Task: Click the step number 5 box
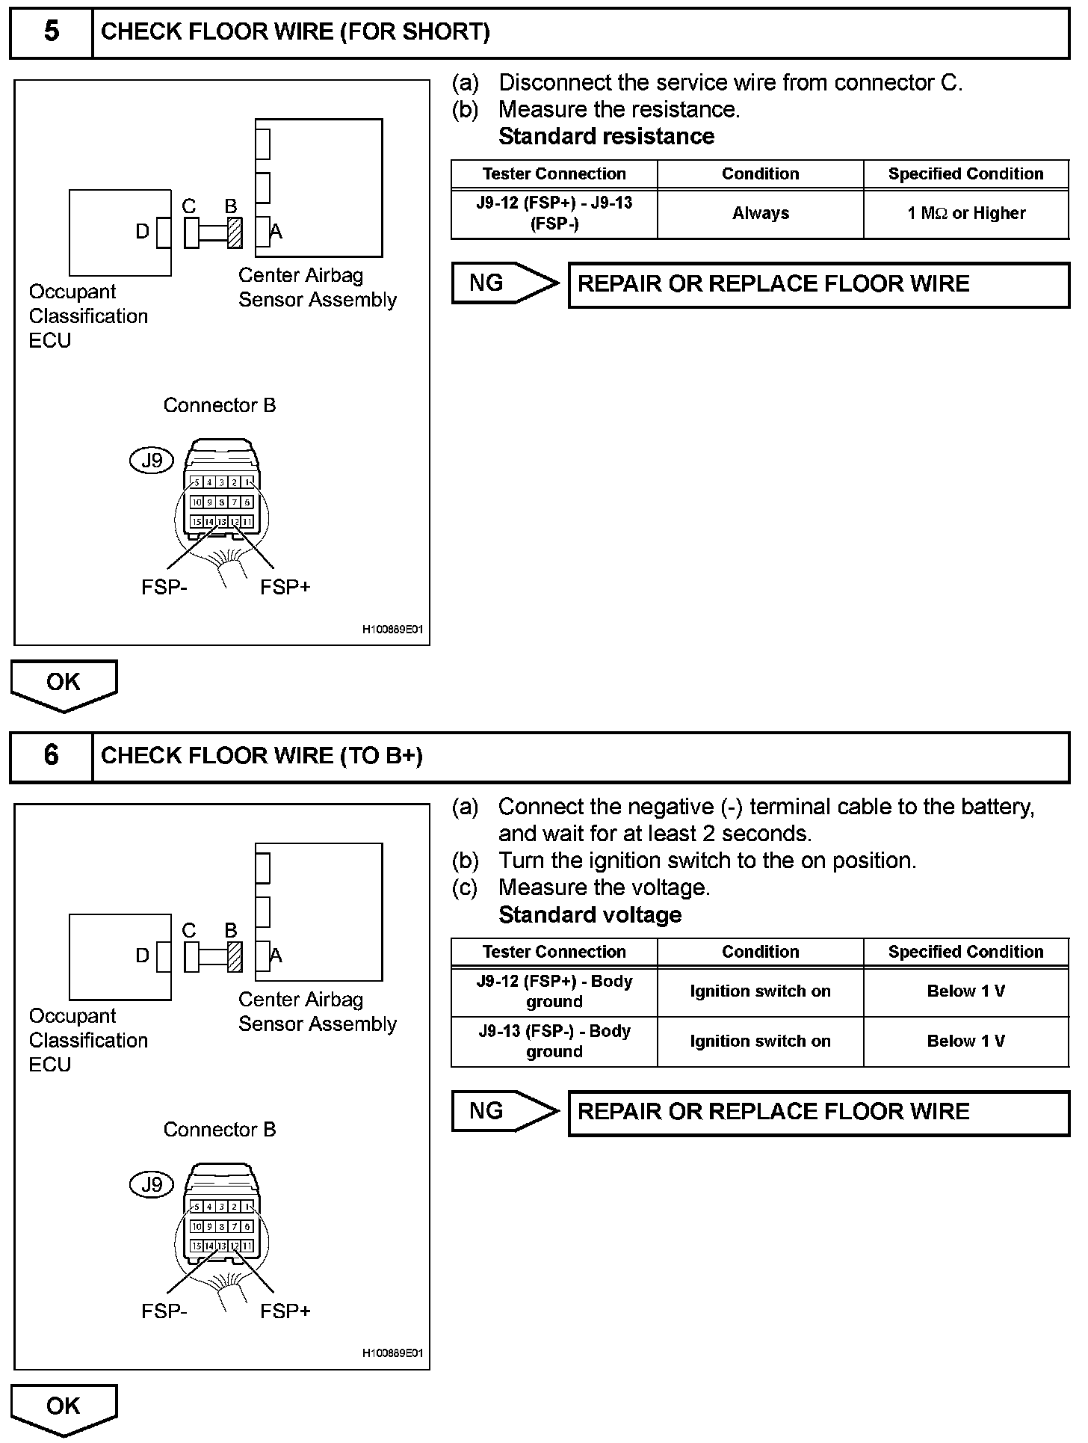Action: (51, 32)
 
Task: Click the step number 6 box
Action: (51, 756)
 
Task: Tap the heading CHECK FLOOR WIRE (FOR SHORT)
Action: (295, 32)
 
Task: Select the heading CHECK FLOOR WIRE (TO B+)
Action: (262, 756)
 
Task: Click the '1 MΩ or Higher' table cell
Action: (966, 214)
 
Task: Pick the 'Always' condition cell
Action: (760, 214)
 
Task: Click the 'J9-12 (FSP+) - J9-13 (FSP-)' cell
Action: (554, 213)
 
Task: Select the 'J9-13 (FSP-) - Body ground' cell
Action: (554, 1041)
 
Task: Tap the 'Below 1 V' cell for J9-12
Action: (966, 991)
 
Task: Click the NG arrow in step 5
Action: (504, 283)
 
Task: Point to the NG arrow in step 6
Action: (504, 1111)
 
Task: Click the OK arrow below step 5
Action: (64, 684)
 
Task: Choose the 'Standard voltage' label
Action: (590, 915)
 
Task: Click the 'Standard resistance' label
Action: (606, 137)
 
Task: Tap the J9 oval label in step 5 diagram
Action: (152, 461)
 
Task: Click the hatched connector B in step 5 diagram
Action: (235, 233)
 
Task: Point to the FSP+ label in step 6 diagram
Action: (285, 1311)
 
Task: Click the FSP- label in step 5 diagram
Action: (164, 588)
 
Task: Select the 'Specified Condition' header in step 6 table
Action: (965, 952)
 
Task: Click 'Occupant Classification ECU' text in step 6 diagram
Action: (88, 1040)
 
